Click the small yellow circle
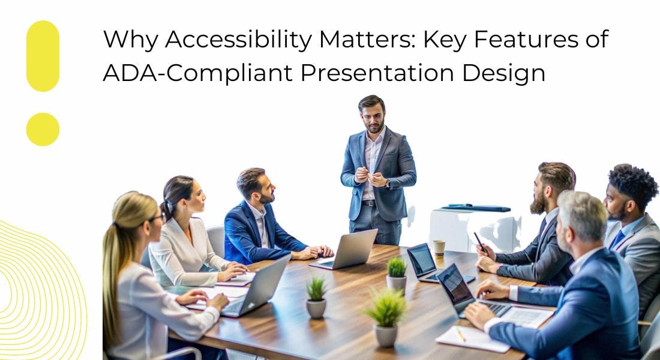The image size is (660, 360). point(43,129)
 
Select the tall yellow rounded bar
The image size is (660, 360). point(43,56)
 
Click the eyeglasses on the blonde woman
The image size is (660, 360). point(155,218)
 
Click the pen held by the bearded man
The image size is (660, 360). point(480,242)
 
